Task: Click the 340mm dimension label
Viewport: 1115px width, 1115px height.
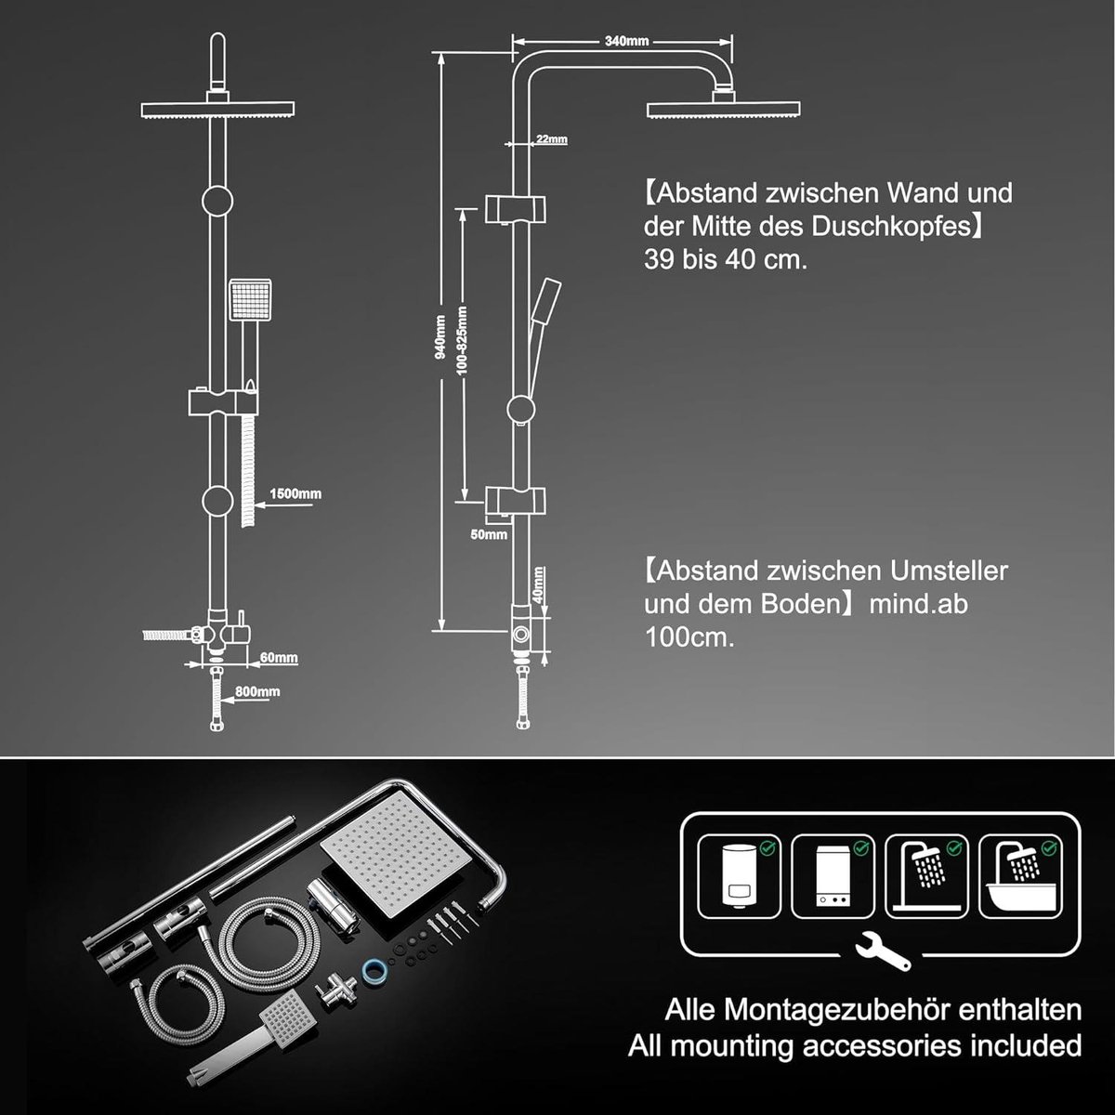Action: pyautogui.click(x=626, y=41)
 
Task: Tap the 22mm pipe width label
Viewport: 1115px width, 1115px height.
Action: pyautogui.click(x=551, y=138)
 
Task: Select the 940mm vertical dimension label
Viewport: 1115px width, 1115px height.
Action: pyautogui.click(x=440, y=337)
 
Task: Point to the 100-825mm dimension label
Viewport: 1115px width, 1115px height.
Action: pyautogui.click(x=463, y=341)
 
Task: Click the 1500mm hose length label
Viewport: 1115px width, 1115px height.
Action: pyautogui.click(x=295, y=493)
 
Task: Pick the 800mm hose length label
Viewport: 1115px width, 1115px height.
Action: pyautogui.click(x=257, y=691)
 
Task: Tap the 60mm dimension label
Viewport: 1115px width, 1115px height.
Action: pyautogui.click(x=279, y=658)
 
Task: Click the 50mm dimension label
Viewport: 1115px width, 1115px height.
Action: pyautogui.click(x=489, y=534)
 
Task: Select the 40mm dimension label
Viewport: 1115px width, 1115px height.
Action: pyautogui.click(x=538, y=585)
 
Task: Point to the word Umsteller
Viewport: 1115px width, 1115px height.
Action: pyautogui.click(x=949, y=571)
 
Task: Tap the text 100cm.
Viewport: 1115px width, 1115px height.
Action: pyautogui.click(x=689, y=637)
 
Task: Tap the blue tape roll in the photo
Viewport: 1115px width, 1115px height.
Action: pyautogui.click(x=374, y=970)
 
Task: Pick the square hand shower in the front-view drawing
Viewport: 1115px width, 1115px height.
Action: pyautogui.click(x=250, y=300)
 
